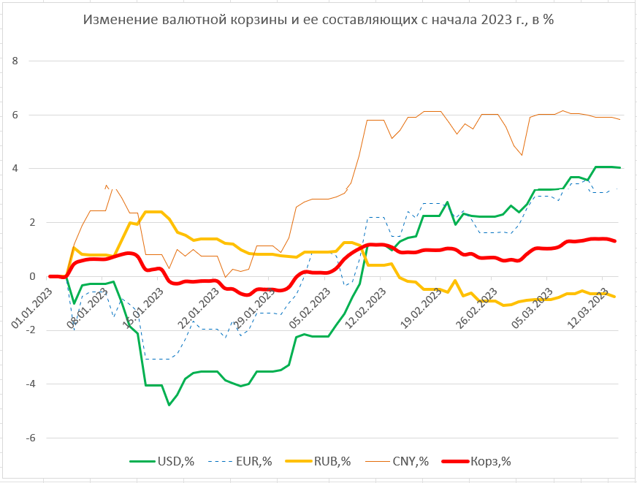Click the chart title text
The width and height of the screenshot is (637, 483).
(x=318, y=20)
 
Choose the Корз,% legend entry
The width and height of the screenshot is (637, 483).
(x=490, y=461)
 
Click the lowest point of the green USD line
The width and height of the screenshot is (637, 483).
(x=169, y=404)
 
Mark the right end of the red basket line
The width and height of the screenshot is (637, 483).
(x=615, y=241)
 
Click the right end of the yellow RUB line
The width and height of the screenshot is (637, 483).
(x=615, y=296)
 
